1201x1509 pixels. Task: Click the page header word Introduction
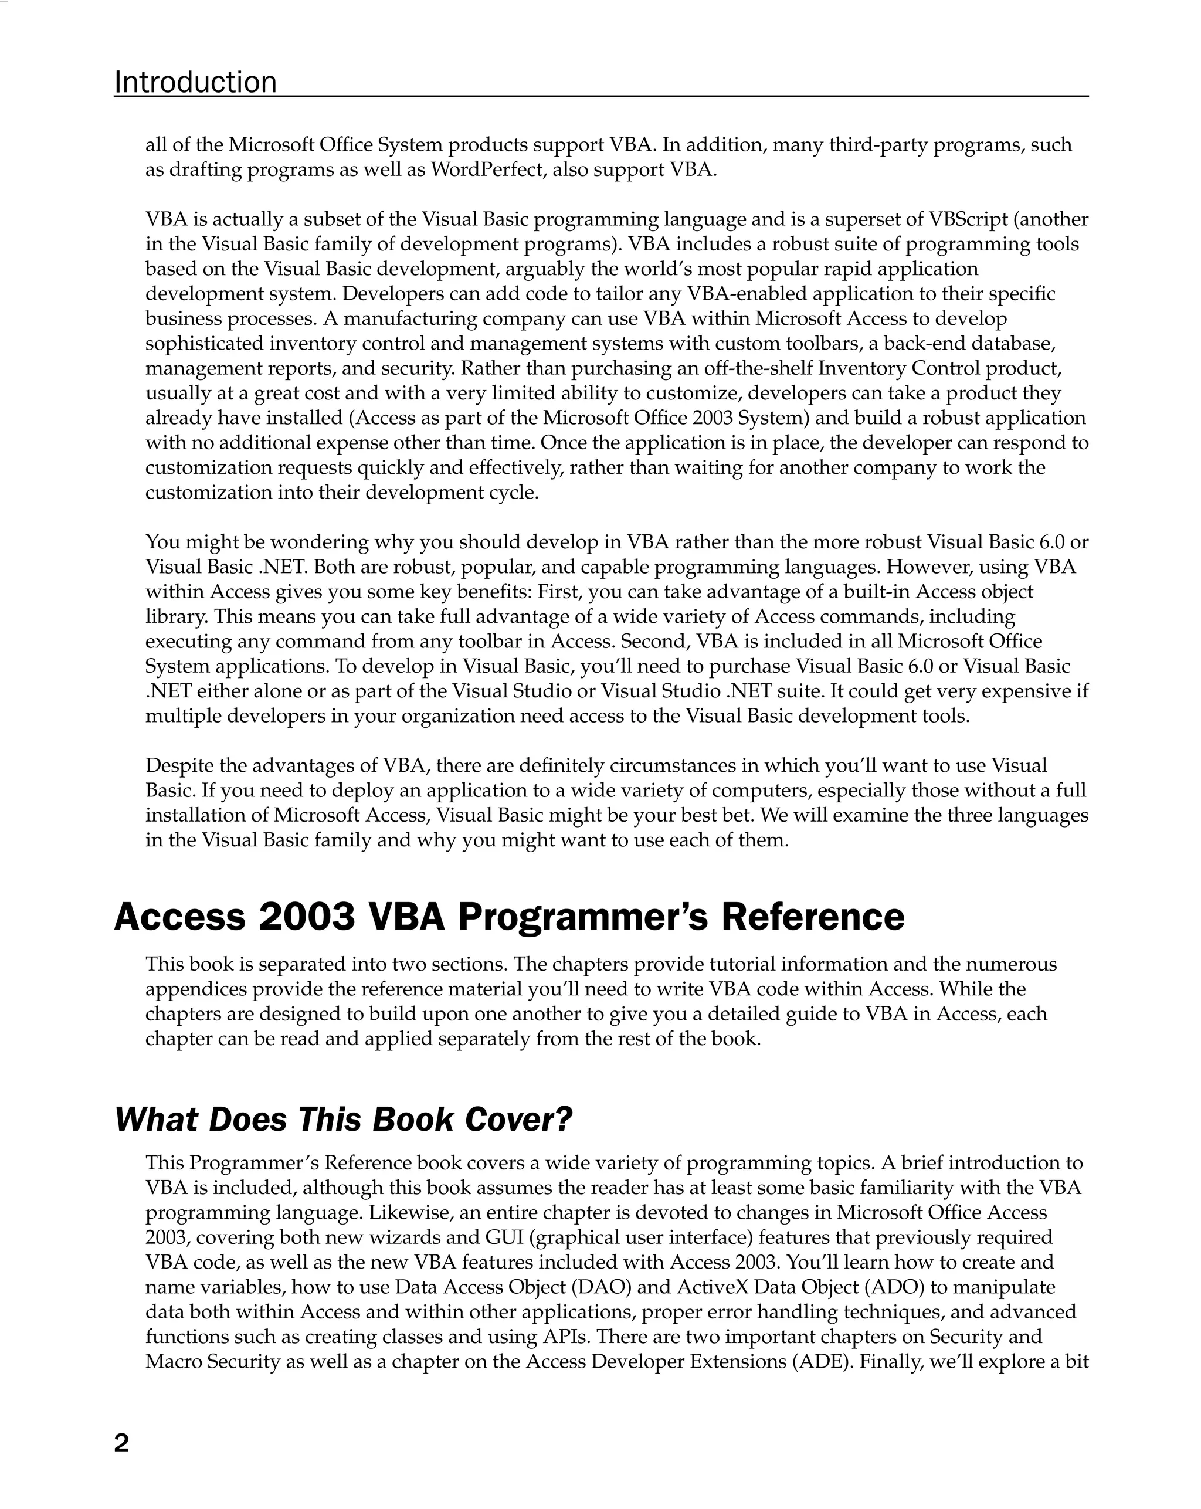(195, 83)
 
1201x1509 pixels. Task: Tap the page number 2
(122, 1443)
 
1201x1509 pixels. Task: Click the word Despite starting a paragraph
(179, 766)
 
